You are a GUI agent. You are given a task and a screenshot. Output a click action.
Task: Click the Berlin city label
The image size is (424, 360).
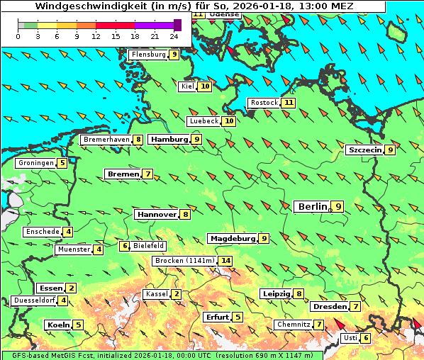(311, 206)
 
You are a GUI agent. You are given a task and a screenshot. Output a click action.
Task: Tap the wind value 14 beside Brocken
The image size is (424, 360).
(226, 261)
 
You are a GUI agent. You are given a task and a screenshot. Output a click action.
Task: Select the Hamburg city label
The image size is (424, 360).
(169, 140)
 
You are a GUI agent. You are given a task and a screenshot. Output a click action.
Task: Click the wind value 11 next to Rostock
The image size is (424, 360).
(288, 103)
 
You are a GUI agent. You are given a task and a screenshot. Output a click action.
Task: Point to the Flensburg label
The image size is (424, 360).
(148, 55)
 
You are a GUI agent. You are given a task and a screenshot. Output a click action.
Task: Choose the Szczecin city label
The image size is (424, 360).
(364, 150)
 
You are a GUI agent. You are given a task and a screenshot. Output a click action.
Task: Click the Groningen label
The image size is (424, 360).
(36, 163)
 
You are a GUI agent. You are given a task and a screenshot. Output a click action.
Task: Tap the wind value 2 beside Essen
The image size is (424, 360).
(72, 288)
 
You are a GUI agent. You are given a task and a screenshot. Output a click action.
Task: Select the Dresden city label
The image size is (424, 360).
(329, 307)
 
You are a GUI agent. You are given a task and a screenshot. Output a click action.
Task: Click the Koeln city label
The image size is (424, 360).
(57, 325)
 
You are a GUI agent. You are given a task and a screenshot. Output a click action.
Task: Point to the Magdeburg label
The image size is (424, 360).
(232, 239)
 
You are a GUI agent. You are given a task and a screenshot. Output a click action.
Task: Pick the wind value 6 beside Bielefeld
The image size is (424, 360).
(124, 246)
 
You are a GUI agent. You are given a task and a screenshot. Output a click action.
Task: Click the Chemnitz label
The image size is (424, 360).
(294, 325)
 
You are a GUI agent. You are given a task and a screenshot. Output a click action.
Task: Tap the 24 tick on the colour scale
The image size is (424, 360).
(174, 35)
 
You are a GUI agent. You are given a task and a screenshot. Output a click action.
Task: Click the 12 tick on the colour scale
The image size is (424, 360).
(96, 35)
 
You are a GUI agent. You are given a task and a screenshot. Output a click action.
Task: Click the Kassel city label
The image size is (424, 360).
(155, 294)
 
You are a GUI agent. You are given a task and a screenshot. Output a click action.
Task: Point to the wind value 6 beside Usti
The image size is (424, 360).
(366, 338)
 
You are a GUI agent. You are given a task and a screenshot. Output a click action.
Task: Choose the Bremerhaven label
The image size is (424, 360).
(106, 140)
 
